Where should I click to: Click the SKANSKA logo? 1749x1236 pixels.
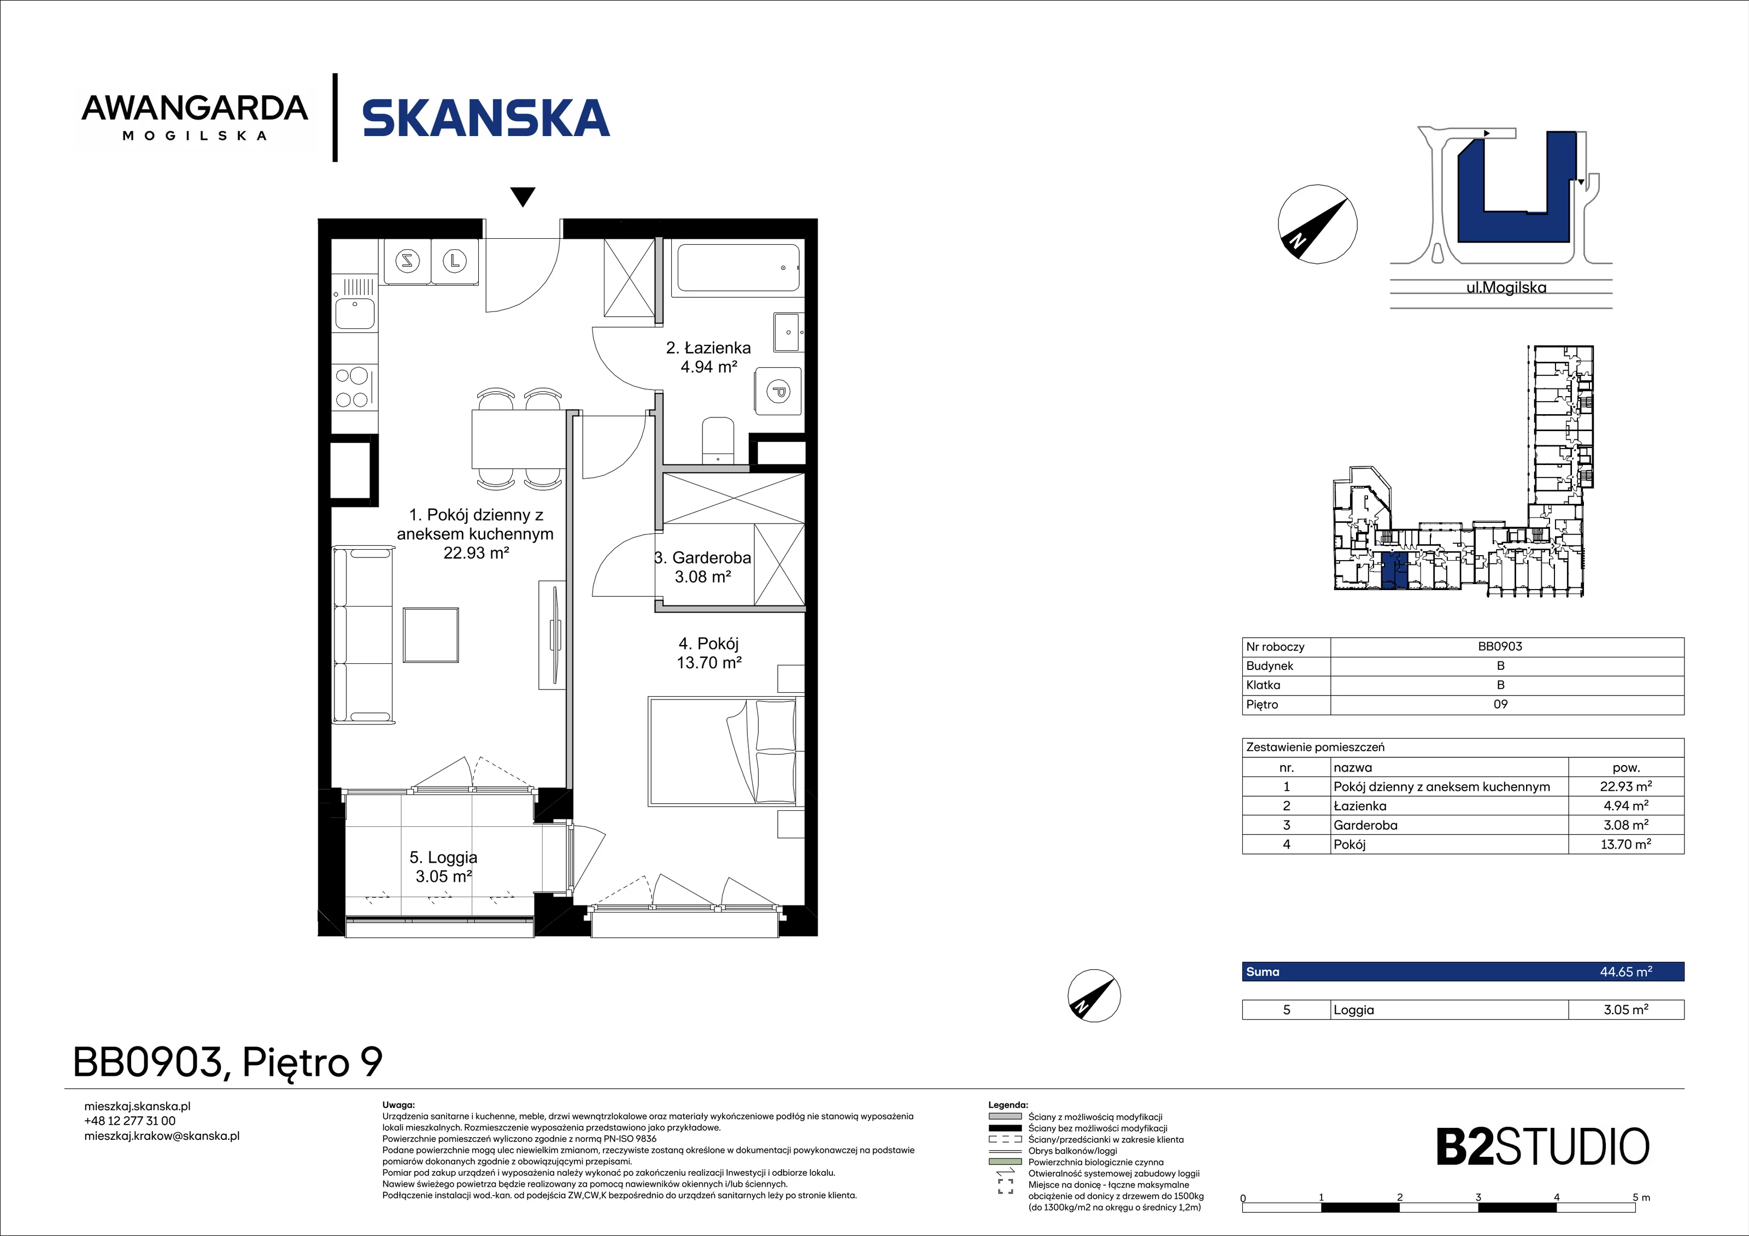486,118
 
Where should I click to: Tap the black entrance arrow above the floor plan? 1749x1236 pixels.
523,197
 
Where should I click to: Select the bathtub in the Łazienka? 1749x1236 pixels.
737,267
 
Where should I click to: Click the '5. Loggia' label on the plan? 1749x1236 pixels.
443,857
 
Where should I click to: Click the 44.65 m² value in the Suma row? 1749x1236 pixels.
1625,972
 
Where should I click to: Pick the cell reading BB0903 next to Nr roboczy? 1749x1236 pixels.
1500,646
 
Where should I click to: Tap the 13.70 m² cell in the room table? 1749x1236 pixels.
1625,844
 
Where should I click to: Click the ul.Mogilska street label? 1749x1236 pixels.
1506,288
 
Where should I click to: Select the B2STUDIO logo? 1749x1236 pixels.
1542,1147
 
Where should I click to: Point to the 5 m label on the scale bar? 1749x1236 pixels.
1641,1197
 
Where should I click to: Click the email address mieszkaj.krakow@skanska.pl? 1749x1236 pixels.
161,1135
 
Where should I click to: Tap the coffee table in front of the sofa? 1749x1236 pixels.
431,635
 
